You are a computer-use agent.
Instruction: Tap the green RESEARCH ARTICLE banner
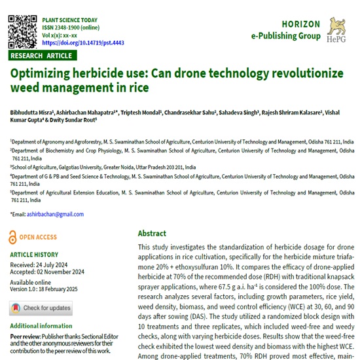point(41,56)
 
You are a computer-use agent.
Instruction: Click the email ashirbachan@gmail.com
point(51,214)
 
